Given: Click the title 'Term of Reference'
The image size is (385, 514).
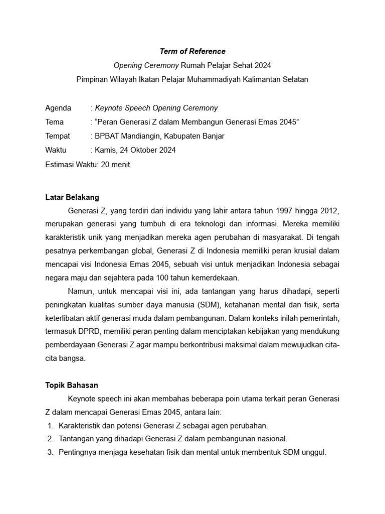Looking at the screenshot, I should point(192,51).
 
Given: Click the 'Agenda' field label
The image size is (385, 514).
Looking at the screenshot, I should point(58,108).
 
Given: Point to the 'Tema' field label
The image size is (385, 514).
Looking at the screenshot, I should point(55,122).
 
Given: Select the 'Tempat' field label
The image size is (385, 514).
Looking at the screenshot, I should point(58,136).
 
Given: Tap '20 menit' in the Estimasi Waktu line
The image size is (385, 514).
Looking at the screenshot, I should point(115,164).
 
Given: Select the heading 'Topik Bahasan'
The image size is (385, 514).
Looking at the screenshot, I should point(72,385).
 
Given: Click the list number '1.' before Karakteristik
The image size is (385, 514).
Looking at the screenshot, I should point(50,426).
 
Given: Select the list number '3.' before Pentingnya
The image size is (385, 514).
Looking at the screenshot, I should point(50,452).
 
